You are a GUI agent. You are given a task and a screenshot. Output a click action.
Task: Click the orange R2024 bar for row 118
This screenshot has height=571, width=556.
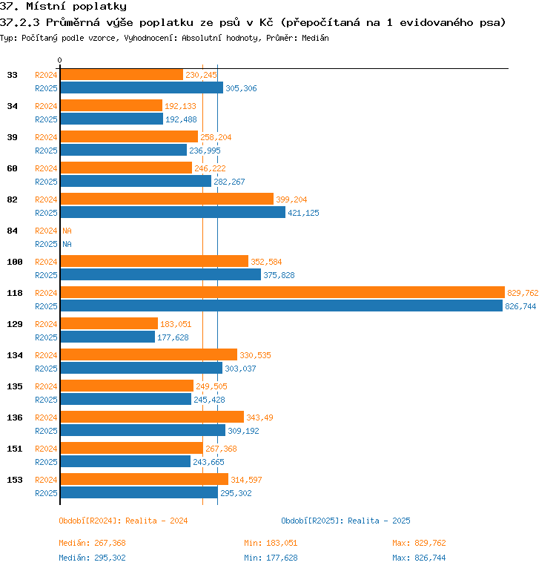coord(282,292)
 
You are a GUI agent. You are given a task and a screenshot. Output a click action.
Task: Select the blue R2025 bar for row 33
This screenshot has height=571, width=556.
coord(142,88)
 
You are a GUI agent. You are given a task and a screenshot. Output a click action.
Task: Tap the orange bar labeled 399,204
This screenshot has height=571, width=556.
coord(167,199)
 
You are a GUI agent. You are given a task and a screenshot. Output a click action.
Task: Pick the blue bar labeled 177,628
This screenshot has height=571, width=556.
coord(107,337)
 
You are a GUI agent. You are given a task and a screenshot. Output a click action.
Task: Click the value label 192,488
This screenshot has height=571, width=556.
coord(181,119)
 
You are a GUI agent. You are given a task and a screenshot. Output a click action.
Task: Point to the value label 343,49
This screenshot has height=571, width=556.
coord(259,417)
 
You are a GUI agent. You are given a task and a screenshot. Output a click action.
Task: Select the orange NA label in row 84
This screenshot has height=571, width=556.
coord(67,231)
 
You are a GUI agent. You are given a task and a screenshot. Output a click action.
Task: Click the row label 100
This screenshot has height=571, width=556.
coord(15,262)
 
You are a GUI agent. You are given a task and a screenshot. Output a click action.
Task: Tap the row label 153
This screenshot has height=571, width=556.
coord(15,480)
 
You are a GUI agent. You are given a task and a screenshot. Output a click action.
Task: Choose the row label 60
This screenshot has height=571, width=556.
coord(12,168)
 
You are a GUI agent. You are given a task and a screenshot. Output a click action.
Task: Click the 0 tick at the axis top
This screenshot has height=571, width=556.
coord(60,60)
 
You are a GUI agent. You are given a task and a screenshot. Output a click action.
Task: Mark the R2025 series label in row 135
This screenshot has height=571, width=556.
coord(46,400)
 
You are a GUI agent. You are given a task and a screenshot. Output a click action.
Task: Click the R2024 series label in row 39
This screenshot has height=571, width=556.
coord(46,137)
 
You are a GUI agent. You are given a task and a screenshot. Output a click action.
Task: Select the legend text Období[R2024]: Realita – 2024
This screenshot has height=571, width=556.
coord(124,521)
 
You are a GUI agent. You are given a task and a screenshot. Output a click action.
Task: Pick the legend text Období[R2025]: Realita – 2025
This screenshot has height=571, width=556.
coord(345,521)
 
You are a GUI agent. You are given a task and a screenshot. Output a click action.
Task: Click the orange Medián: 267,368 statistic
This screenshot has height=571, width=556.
coord(92,543)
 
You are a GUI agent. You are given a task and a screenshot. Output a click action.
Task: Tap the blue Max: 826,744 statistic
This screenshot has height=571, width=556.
coord(419,558)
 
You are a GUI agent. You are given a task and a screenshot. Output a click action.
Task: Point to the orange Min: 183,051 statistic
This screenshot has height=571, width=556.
coord(271,543)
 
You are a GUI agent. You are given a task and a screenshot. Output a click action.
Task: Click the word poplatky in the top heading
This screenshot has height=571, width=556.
coord(99,6)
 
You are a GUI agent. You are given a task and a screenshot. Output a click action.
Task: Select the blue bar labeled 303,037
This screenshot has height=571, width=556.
coord(142,368)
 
